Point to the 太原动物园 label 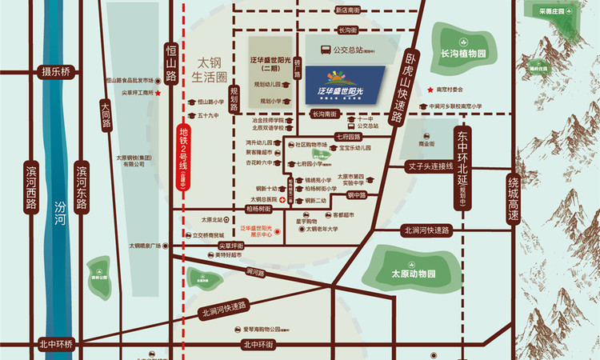[x=411, y=274]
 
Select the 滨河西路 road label [x=30, y=186]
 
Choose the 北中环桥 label [x=56, y=344]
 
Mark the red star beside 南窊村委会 [x=429, y=90]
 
